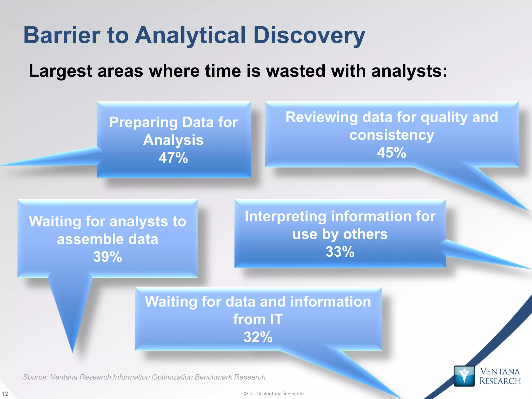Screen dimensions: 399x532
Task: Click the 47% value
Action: (173, 158)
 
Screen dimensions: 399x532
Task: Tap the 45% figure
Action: (391, 152)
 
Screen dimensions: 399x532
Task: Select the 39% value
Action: (108, 257)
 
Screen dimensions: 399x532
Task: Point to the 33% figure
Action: (340, 252)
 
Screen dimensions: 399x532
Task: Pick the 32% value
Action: (258, 337)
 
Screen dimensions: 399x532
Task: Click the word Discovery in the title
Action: (309, 36)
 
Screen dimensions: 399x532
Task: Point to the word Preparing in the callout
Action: (143, 122)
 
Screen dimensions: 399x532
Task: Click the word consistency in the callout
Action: (391, 135)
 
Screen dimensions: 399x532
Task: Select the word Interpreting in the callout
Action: (285, 216)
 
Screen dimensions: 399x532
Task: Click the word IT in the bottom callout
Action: (276, 319)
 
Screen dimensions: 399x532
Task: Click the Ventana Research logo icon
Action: (464, 376)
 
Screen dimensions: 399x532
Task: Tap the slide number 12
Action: (5, 394)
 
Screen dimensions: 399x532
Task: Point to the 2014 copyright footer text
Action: (274, 394)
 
